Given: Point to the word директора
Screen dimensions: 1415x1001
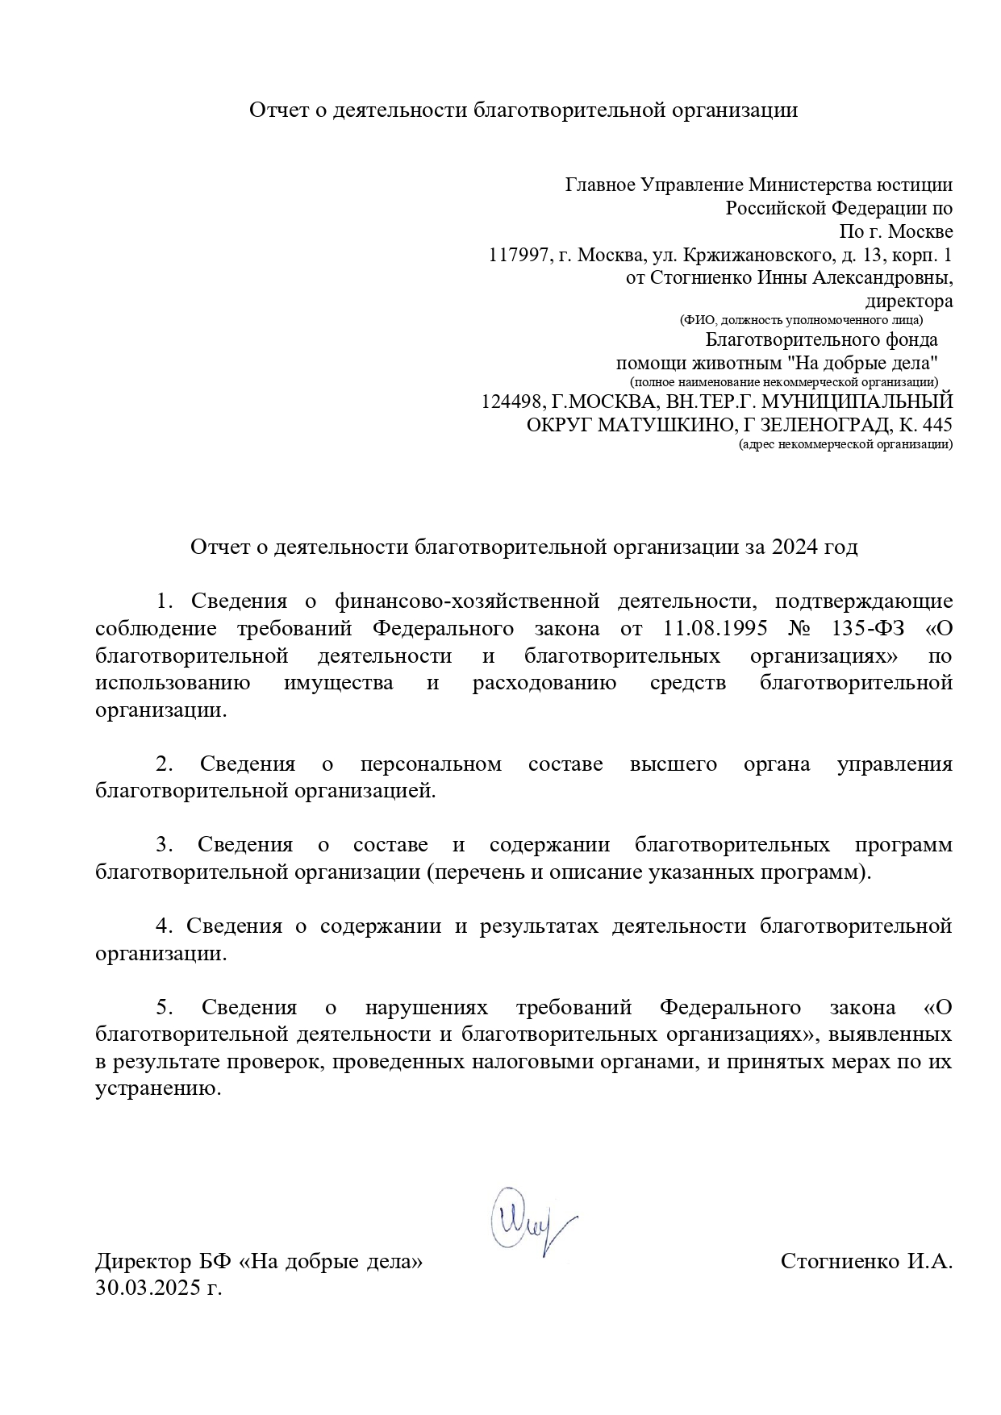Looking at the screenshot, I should click(908, 302).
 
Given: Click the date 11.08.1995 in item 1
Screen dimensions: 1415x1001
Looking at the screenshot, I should click(709, 629).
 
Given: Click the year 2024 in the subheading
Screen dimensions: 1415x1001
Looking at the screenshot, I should click(795, 547).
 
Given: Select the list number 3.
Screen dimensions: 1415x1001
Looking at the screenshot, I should click(165, 845).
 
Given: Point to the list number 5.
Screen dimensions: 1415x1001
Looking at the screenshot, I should click(165, 1007).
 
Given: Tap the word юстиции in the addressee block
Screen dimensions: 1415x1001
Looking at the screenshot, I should click(917, 185).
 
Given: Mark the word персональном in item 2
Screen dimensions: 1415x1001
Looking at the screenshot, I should click(431, 764).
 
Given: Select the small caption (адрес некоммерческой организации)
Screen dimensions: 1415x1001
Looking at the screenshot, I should click(845, 444).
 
